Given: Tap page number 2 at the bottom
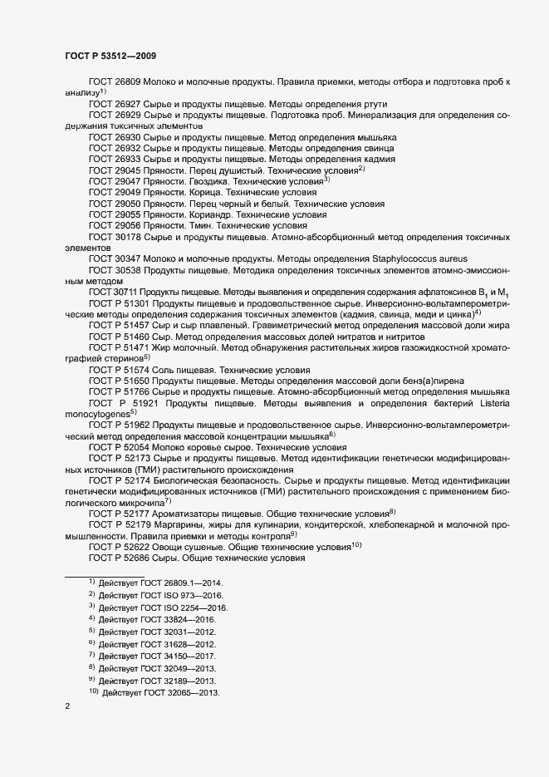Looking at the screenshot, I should pyautogui.click(x=67, y=706).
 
